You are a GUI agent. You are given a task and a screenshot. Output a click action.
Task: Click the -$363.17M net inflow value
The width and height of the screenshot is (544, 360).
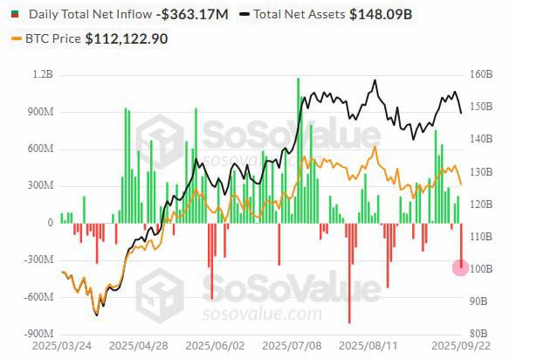[193, 15]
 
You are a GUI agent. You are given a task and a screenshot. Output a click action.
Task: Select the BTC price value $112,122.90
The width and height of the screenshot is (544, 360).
[127, 38]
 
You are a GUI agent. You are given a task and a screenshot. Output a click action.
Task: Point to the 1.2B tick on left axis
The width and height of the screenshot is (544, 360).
[42, 75]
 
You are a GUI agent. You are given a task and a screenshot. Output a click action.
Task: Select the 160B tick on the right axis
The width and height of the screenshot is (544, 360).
[482, 75]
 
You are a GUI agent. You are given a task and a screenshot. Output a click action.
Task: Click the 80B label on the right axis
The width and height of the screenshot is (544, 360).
[479, 333]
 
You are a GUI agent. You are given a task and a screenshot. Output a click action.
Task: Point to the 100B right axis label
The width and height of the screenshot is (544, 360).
[482, 268]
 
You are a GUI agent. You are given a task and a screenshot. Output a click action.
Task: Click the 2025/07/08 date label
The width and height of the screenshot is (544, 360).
[291, 346]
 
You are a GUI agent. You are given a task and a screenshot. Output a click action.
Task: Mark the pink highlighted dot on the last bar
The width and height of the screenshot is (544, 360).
[461, 267]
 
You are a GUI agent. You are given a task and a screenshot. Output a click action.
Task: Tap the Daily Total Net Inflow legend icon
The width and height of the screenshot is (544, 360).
[15, 15]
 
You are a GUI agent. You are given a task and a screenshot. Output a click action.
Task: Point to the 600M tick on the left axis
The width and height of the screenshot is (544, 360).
[39, 149]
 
